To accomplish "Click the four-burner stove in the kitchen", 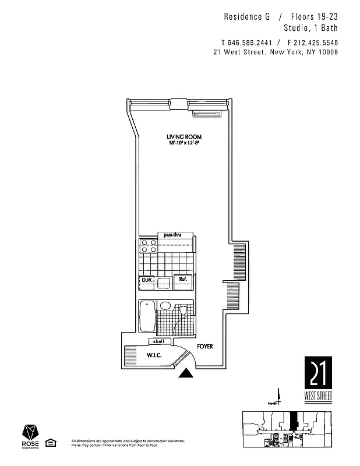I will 149,245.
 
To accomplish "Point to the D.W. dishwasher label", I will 146,280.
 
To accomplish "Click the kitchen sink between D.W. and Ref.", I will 164,283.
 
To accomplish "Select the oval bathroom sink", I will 165,305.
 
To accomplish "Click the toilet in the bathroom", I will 184,309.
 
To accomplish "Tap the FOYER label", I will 204,347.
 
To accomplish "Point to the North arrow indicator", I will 279,398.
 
